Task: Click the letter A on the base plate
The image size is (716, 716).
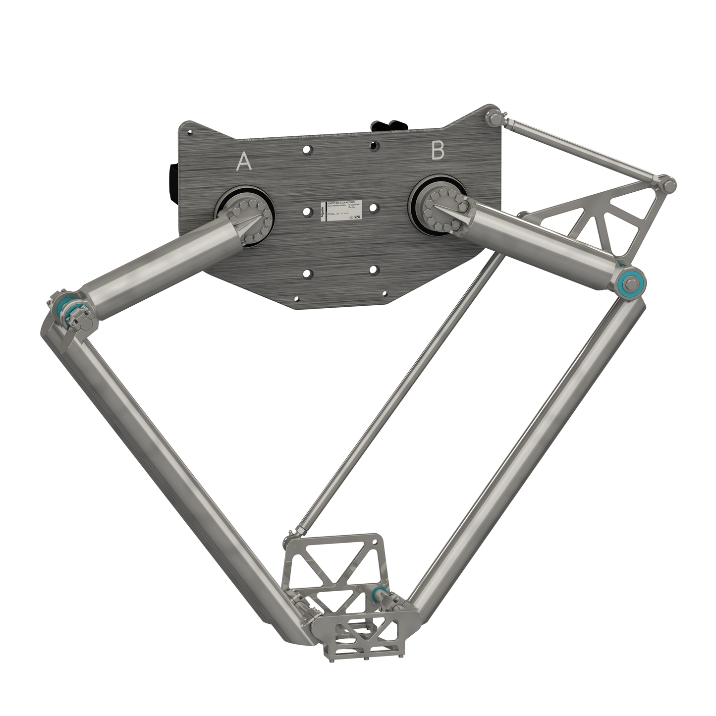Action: pos(243,162)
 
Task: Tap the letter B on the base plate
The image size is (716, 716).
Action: pos(438,151)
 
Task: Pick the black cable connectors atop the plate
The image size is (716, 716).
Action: pos(389,126)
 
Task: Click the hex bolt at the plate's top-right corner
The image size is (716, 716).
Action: pos(493,118)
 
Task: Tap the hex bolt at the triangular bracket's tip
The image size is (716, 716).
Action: pos(668,186)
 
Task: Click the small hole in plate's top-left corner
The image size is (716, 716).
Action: pos(189,132)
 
